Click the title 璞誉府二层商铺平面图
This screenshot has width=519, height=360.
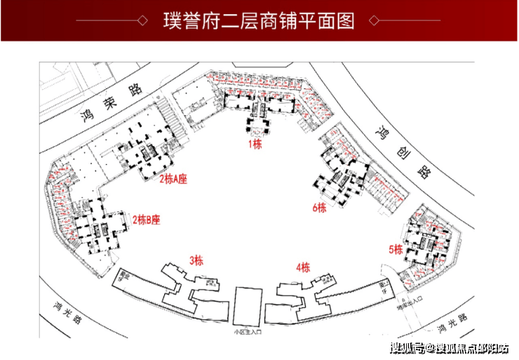[259, 20]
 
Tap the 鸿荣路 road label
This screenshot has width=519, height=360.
[112, 102]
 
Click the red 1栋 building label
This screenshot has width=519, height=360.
[255, 145]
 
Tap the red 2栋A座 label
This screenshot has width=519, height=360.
[173, 178]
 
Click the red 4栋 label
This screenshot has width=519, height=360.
[303, 267]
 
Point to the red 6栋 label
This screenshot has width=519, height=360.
[320, 207]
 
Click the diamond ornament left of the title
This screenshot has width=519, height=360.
[142, 21]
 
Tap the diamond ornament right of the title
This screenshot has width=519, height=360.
[375, 21]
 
